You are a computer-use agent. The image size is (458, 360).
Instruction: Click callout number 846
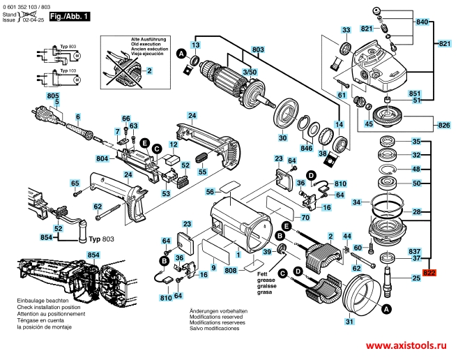click(x=306, y=149)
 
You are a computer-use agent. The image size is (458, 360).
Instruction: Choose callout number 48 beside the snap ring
click(x=415, y=170)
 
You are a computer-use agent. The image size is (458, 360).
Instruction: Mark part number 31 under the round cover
click(x=349, y=321)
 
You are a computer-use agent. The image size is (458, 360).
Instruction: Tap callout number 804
click(x=102, y=158)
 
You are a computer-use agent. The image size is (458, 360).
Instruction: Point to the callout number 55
click(x=203, y=171)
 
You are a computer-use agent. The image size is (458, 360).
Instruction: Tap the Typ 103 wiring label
click(x=68, y=70)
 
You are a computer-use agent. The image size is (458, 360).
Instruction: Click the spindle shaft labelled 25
click(x=387, y=285)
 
